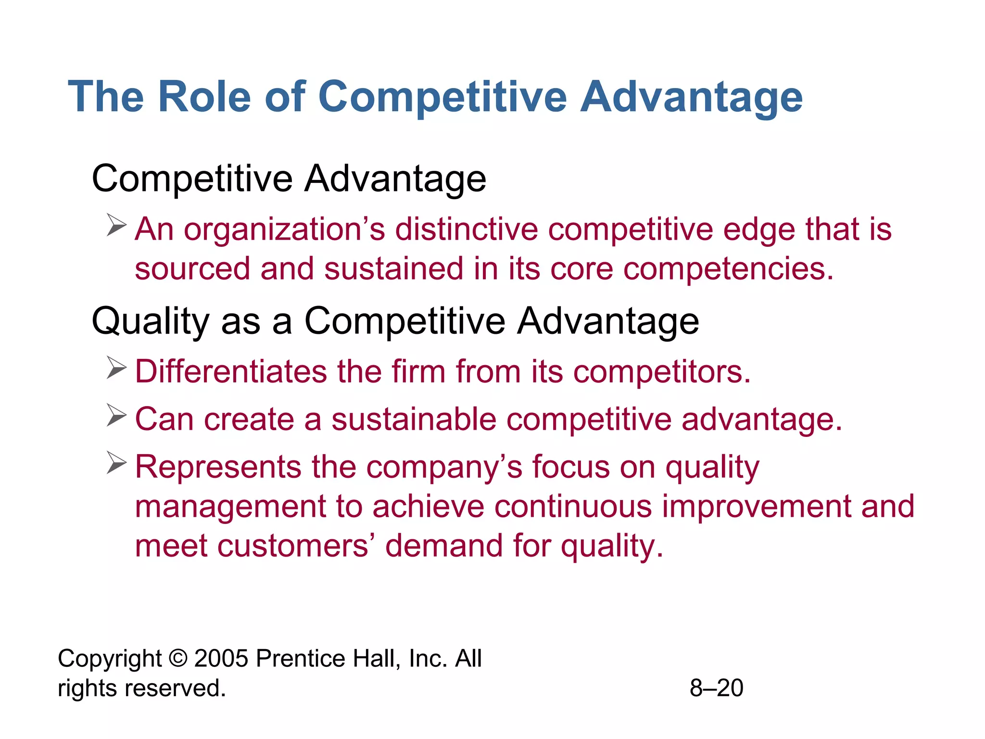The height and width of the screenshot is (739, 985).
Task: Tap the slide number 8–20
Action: point(716,688)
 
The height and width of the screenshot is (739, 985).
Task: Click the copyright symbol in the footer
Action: point(178,658)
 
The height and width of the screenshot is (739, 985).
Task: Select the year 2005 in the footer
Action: point(221,658)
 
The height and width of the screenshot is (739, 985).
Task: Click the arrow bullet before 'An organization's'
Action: point(116,225)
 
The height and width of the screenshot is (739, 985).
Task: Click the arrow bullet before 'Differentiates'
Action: point(116,368)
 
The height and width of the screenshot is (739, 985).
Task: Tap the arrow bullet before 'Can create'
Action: point(116,415)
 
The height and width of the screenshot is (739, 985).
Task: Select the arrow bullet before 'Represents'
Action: point(116,463)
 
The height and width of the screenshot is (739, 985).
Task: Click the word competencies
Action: point(728,269)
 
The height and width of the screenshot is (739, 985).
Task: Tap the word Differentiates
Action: point(231,372)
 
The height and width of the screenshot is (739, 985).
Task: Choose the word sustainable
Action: point(414,419)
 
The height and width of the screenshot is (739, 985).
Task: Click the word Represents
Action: point(218,467)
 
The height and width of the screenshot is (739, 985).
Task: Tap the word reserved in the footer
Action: point(175,688)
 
